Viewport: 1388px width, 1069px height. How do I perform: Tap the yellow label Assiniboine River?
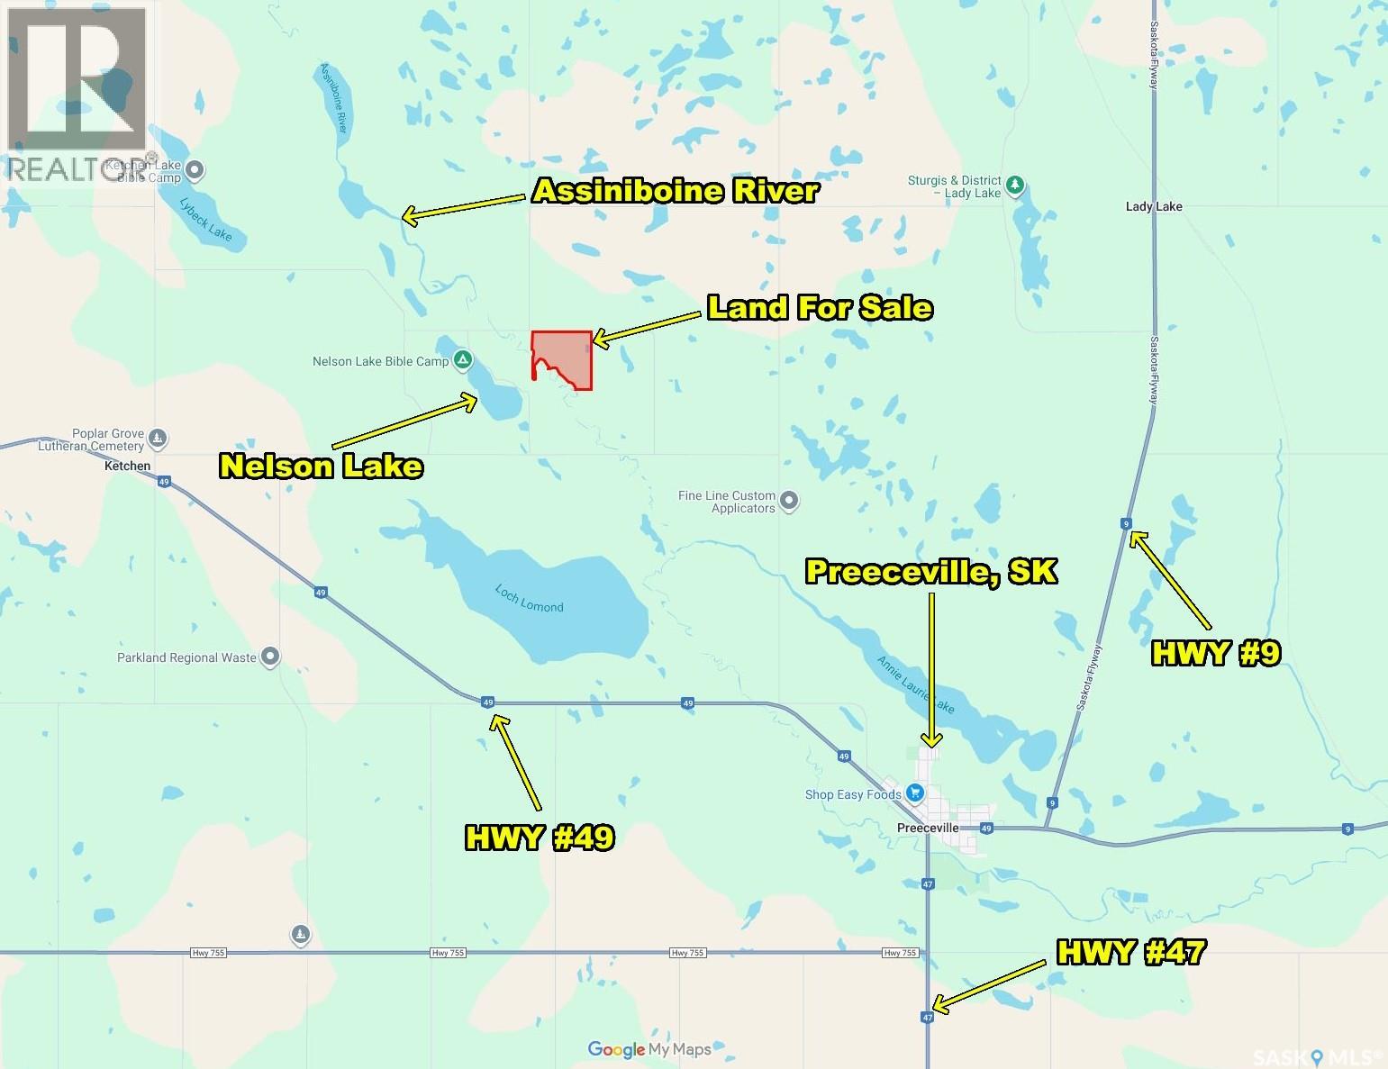pos(676,191)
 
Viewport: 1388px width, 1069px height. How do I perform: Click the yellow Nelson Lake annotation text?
pos(322,466)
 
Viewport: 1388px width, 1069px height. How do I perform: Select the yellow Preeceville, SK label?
pos(930,571)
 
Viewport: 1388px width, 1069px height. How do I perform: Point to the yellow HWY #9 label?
pos(1215,653)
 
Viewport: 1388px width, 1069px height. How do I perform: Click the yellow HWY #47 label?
pos(1130,952)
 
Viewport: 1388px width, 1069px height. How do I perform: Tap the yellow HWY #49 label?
pos(540,838)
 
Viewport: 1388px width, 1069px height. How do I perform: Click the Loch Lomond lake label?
pos(529,599)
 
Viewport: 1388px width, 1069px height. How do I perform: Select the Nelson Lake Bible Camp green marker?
pos(462,361)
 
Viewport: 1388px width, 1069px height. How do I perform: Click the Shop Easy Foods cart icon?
pos(915,793)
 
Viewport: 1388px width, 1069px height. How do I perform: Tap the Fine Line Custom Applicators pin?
pos(789,501)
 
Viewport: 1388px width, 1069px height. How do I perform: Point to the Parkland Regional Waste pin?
pos(269,657)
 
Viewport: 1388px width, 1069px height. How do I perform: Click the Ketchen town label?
pos(127,466)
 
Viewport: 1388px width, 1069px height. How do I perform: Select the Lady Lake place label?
pos(1153,206)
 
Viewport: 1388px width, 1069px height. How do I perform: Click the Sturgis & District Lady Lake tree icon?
pos(1015,185)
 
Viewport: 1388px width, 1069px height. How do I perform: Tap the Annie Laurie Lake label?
pos(915,684)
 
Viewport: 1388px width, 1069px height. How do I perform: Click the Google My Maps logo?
pos(649,1049)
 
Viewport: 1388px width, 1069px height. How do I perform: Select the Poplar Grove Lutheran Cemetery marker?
pos(159,439)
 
